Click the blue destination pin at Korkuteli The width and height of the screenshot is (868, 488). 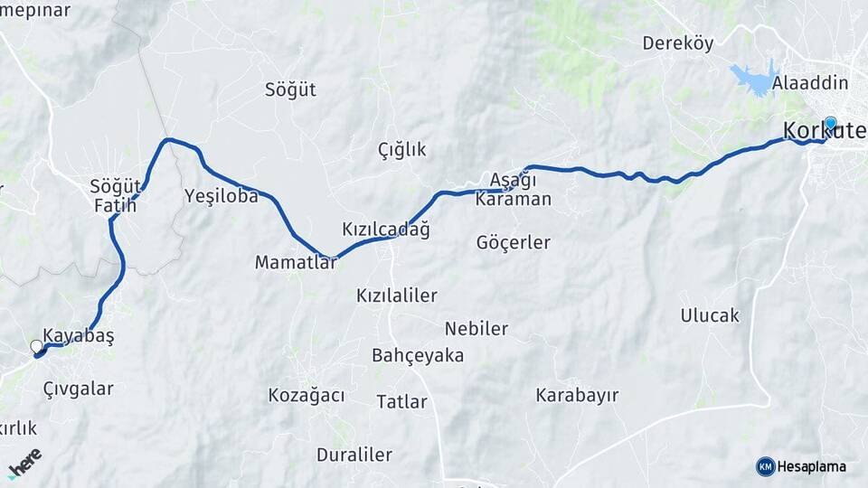pos(830,124)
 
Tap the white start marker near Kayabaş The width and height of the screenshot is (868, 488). pos(36,346)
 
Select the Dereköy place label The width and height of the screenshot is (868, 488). pos(677,43)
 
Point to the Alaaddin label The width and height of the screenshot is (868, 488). pos(810,83)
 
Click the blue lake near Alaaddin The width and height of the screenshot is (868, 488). pos(755,78)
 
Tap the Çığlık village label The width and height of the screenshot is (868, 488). pos(401,150)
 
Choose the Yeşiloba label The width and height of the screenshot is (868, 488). pos(221,195)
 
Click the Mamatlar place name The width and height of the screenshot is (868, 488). pos(295,262)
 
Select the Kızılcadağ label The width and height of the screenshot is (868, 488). pos(385,230)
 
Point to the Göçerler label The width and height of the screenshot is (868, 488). pos(513,242)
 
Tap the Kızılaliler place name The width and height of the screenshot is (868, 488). pos(396,296)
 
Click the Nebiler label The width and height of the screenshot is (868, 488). pos(476,328)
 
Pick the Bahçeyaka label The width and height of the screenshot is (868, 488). pos(417,355)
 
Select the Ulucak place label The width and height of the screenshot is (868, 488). pos(709,315)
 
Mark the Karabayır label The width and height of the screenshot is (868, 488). pos(576,395)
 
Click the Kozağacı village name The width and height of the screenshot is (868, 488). pos(307,395)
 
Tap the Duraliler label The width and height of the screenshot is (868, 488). pos(354,454)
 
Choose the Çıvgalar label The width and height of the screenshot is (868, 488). pos(78,389)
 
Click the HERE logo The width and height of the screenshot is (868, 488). pos(25,462)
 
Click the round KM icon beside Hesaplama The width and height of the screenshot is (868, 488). pos(765,466)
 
